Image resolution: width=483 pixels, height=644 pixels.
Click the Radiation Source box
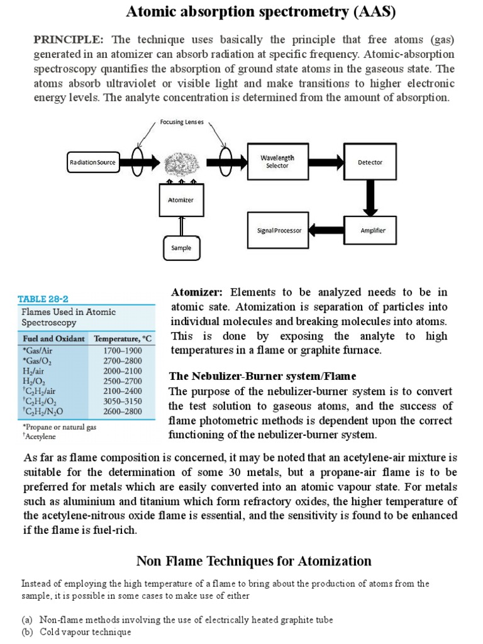92,162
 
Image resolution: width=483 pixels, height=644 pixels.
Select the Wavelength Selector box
277,162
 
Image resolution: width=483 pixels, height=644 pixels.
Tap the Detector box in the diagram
370,162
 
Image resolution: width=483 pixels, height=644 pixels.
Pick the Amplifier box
372,230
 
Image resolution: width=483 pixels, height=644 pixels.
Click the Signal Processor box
279,230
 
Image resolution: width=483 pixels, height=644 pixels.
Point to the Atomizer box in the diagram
181,200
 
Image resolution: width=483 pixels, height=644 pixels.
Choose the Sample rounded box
181,248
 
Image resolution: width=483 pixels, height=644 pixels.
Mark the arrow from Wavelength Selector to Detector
325,162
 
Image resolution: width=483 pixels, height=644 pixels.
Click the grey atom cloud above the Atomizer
181,165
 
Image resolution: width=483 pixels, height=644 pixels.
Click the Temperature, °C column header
123,338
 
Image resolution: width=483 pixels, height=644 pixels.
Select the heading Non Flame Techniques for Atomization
253,560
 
